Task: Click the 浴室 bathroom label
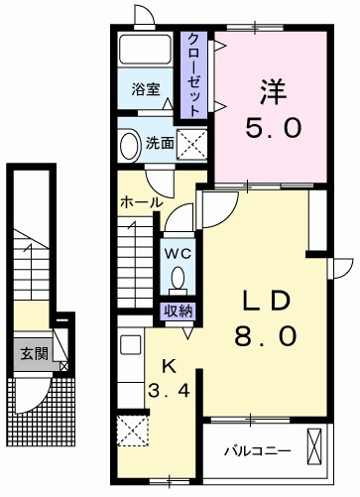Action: click(x=146, y=89)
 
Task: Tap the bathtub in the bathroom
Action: click(x=145, y=49)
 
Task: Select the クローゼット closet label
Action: click(x=194, y=74)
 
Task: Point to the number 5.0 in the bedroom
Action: click(x=273, y=128)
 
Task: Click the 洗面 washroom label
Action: click(x=160, y=143)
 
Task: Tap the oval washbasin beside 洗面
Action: click(x=129, y=146)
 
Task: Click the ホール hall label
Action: click(x=141, y=202)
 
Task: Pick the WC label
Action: click(x=178, y=254)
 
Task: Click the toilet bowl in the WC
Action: click(x=179, y=279)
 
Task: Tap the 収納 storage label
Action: click(x=179, y=311)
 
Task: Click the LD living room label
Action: click(x=267, y=301)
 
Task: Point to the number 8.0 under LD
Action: click(x=266, y=335)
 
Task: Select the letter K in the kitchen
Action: click(x=169, y=366)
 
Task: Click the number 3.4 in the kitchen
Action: click(x=169, y=391)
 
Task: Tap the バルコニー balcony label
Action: click(x=258, y=451)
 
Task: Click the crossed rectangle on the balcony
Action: click(x=314, y=446)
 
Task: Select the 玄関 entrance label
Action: click(x=35, y=354)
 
